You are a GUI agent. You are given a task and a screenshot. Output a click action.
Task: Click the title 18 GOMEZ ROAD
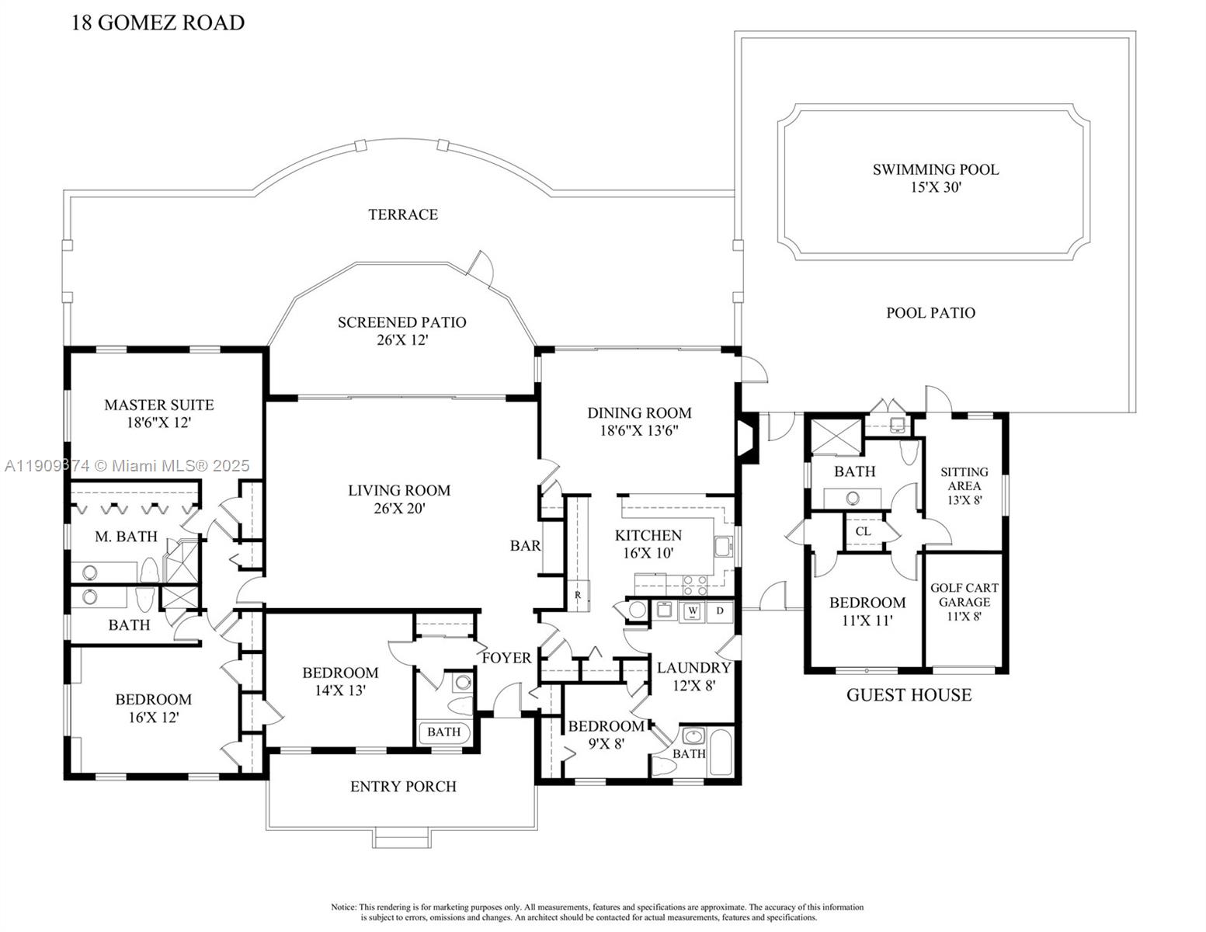[x=158, y=23]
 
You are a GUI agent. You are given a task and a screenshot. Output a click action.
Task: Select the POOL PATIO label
[x=930, y=313]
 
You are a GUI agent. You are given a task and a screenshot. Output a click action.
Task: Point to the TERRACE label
[x=403, y=214]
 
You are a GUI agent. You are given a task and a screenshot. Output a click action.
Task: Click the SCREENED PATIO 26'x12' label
[x=401, y=331]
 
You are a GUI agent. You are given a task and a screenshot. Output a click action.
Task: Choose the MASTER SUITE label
[x=158, y=413]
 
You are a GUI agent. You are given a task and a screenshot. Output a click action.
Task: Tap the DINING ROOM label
[x=638, y=422]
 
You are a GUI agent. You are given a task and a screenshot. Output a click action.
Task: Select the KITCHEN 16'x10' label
[x=648, y=544]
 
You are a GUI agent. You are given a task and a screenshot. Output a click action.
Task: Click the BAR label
[x=525, y=546]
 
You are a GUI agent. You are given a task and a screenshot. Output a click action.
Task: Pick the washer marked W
[x=692, y=611]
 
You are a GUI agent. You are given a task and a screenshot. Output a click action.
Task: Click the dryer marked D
[x=720, y=611]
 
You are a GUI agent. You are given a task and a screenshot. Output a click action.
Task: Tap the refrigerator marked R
[x=578, y=595]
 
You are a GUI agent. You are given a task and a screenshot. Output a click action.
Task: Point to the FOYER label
[x=506, y=658]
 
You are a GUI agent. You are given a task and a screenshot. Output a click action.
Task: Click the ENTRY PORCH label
[x=403, y=787]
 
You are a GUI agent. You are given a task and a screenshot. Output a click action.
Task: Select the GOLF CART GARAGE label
[x=964, y=602]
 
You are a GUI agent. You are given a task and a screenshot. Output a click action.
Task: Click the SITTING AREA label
[x=964, y=485]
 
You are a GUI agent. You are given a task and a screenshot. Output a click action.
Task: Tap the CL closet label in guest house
[x=863, y=531]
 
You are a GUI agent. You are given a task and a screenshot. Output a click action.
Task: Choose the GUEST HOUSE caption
[x=909, y=695]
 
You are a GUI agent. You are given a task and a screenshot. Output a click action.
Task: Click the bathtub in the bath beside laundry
[x=721, y=751]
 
